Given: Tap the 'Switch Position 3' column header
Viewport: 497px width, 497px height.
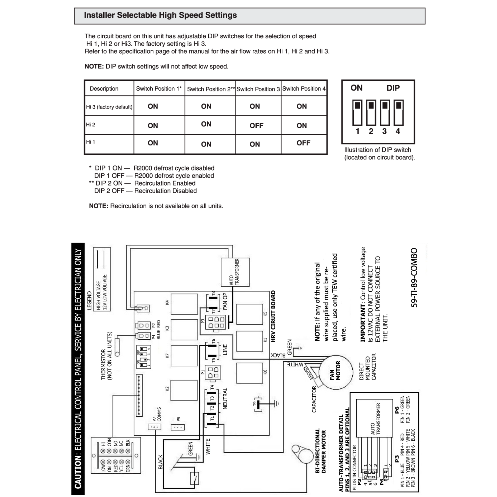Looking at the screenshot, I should click(258, 89).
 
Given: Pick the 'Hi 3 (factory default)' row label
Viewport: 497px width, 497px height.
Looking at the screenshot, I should click(109, 107).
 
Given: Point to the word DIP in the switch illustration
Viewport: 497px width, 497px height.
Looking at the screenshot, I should click(393, 88).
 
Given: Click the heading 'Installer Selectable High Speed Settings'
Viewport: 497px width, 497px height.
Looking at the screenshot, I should click(160, 15).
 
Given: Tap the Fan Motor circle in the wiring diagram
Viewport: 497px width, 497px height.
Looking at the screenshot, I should click(335, 372).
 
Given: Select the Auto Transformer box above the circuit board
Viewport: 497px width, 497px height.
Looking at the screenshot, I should click(235, 272).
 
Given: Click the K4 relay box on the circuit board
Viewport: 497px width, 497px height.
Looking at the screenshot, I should click(184, 304).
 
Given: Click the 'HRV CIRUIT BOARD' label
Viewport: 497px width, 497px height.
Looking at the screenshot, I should click(273, 316).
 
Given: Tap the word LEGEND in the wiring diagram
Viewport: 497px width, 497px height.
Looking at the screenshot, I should click(89, 300).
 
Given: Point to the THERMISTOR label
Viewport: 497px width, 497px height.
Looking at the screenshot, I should click(103, 364).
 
